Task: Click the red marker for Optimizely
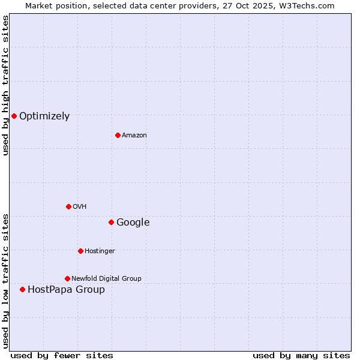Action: [14, 116]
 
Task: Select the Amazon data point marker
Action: [118, 135]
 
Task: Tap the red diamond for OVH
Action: [68, 206]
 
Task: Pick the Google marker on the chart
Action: [111, 222]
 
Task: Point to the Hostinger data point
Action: [80, 251]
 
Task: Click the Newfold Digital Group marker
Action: [67, 278]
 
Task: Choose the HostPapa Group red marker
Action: [22, 289]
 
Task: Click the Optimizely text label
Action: [44, 116]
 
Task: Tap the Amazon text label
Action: [134, 136]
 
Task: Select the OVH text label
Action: [80, 207]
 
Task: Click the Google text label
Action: [133, 223]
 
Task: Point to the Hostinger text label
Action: [100, 251]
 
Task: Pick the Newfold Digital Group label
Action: [106, 278]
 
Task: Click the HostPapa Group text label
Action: [66, 290]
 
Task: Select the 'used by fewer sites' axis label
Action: [62, 355]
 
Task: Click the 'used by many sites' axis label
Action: [301, 355]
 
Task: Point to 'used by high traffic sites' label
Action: [5, 85]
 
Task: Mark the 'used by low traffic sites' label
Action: [5, 281]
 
